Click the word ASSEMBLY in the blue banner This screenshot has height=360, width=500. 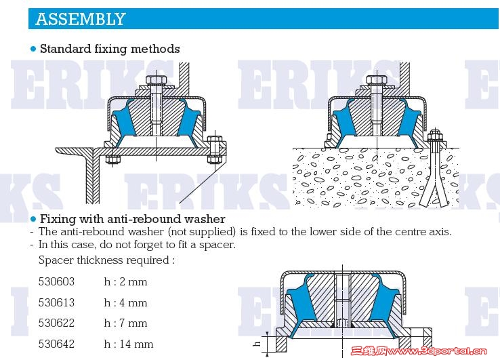[81, 19]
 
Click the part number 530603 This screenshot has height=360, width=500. [56, 281]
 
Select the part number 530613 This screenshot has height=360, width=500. [56, 302]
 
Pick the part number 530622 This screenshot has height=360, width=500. [56, 323]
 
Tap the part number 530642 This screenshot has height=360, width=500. [56, 344]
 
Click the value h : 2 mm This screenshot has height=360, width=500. [125, 281]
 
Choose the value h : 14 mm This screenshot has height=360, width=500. [129, 344]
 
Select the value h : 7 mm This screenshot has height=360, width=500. [125, 323]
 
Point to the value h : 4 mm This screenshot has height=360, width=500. [125, 302]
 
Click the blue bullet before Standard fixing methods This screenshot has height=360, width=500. [33, 49]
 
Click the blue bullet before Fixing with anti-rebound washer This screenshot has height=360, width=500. [33, 219]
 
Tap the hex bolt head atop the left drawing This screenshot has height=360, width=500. [156, 80]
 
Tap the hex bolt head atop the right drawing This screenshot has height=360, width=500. [377, 80]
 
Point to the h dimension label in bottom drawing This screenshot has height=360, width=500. [257, 344]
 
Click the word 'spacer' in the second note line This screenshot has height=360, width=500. [217, 245]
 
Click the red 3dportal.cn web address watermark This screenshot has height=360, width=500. [419, 351]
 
